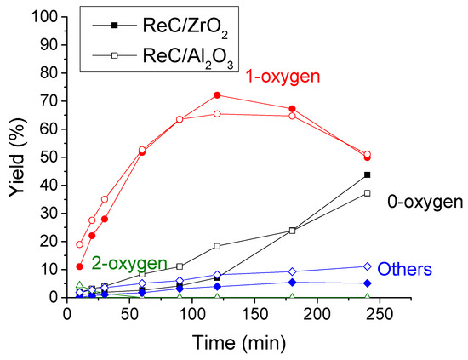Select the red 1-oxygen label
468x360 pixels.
[x=283, y=77]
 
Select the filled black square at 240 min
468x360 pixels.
[x=367, y=174]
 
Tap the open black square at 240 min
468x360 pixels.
[x=367, y=193]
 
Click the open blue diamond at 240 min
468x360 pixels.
[x=367, y=266]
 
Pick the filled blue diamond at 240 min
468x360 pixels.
[x=367, y=283]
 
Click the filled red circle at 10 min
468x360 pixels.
[x=80, y=266]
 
